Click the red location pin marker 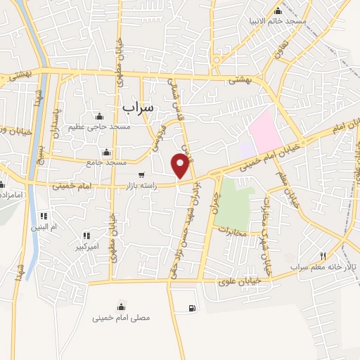181,165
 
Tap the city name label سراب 137,107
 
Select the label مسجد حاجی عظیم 98,127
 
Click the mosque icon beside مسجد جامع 107,153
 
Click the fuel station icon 193,308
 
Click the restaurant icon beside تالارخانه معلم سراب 323,257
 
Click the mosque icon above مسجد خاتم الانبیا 278,11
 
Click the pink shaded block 265,129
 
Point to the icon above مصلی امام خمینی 122,307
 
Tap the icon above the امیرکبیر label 86,236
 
